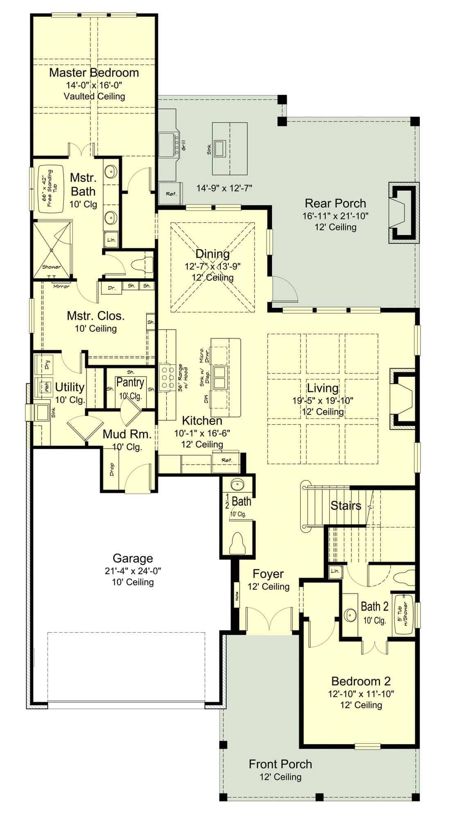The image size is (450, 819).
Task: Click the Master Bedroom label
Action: tap(94, 73)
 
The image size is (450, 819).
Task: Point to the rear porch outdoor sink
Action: tap(219, 148)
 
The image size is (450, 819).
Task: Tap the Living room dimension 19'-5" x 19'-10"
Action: tap(323, 400)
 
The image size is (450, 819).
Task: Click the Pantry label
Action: tap(130, 382)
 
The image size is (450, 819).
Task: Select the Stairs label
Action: tap(346, 506)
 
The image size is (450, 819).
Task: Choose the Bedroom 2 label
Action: tap(361, 681)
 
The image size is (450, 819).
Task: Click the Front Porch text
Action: tap(280, 764)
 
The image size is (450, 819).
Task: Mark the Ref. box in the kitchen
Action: tap(226, 460)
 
